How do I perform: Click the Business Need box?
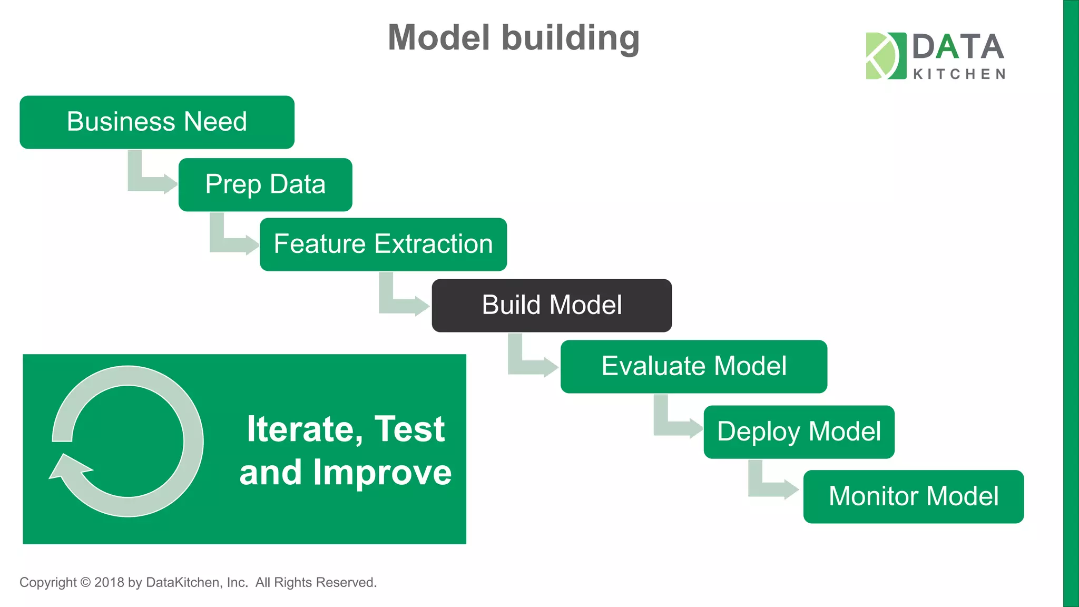point(157,122)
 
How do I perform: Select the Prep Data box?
point(265,184)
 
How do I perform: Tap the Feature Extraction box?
point(383,244)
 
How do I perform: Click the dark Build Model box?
point(552,306)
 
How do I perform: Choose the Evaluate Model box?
point(693,367)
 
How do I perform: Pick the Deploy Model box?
point(799,432)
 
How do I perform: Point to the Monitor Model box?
point(913,497)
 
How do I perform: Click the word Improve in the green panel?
point(382,473)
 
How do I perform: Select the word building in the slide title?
point(570,38)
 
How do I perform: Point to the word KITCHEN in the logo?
point(959,74)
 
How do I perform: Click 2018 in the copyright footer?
point(109,583)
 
